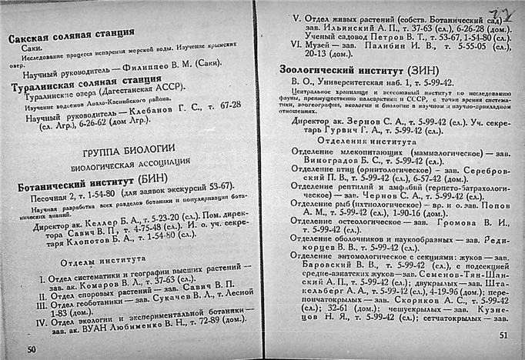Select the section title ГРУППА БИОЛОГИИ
(128, 148)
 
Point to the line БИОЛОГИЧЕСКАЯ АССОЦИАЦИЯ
(129, 164)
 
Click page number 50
(32, 350)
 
